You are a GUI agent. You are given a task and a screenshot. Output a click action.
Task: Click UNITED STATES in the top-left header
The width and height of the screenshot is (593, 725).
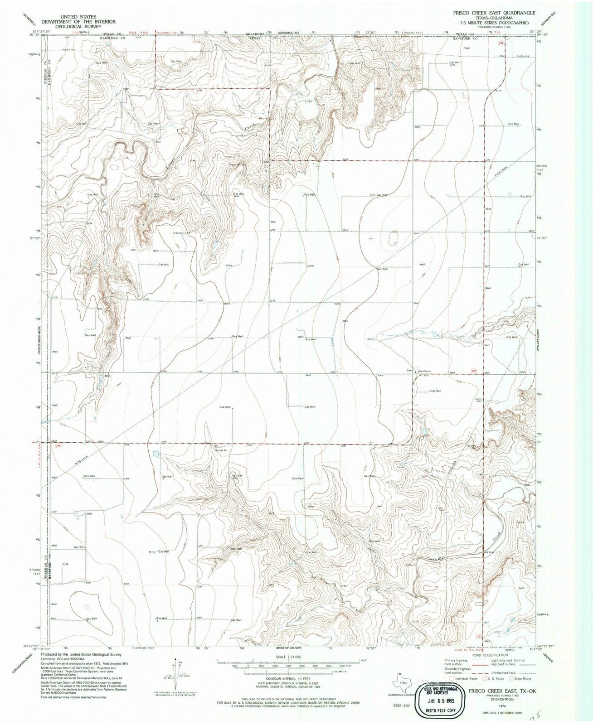coord(78,16)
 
